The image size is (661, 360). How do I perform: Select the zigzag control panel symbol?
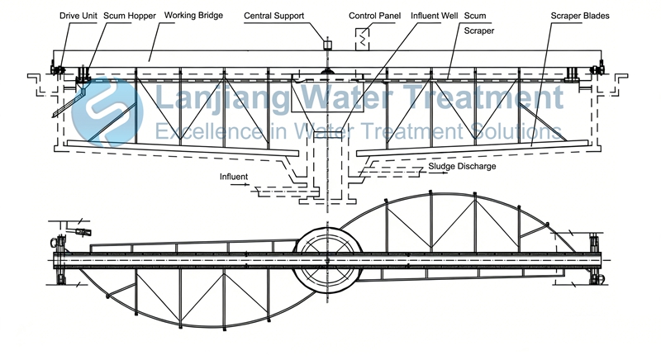pos(360,37)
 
